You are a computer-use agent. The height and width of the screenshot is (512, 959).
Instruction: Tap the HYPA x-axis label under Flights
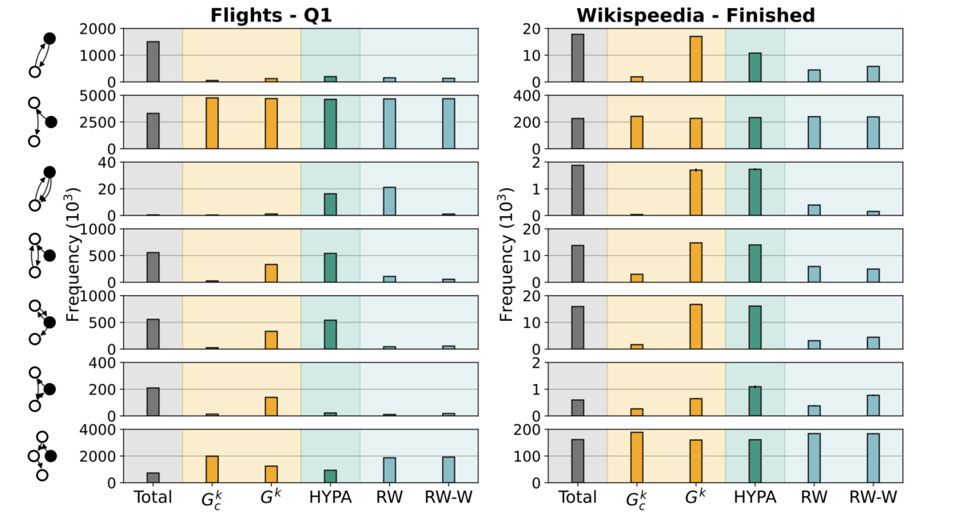[330, 498]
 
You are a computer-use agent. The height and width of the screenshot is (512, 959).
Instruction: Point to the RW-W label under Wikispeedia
[873, 498]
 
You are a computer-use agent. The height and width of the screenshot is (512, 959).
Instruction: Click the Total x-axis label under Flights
[153, 498]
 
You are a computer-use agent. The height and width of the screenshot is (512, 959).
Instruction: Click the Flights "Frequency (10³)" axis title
[74, 256]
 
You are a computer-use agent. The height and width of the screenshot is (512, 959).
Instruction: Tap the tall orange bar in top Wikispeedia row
[696, 59]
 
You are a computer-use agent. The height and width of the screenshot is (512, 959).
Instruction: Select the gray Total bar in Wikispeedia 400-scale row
[578, 134]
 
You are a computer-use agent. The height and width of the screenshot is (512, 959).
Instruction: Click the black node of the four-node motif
[51, 456]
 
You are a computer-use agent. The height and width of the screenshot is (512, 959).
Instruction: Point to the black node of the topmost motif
[49, 38]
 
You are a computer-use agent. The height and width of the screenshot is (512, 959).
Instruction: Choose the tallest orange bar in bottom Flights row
[212, 469]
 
